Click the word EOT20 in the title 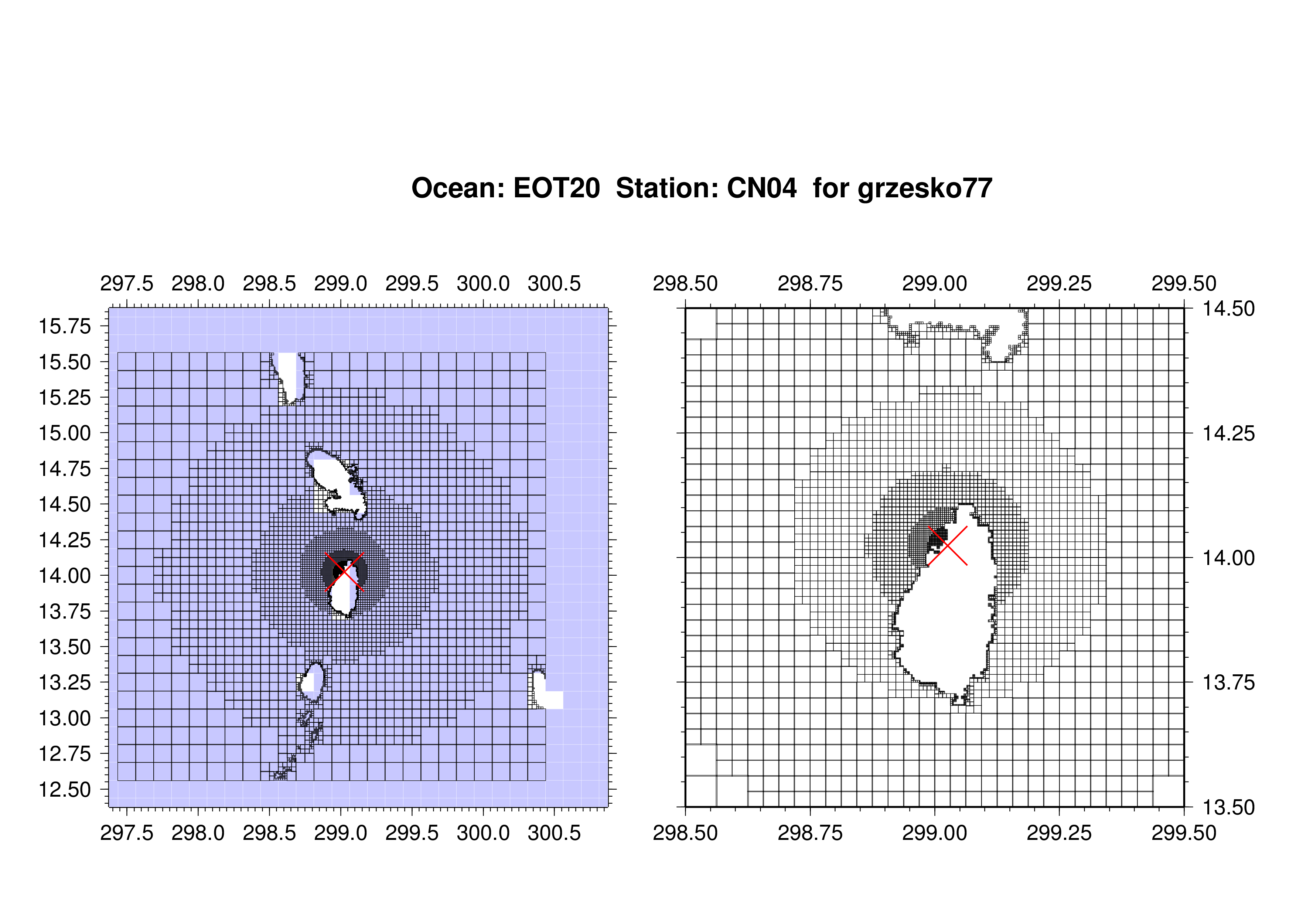tap(556, 188)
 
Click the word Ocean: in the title tap(458, 188)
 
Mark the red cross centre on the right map tap(948, 546)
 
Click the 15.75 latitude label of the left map tap(64, 326)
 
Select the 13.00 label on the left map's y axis tap(64, 718)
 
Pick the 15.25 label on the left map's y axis tap(64, 397)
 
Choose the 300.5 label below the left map tap(554, 833)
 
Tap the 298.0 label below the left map tap(198, 833)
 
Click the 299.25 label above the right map tap(1059, 283)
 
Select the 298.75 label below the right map tap(810, 833)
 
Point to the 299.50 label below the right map tap(1184, 833)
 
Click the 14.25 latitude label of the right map tap(1229, 433)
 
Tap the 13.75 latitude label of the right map tap(1229, 682)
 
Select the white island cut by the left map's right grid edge tap(545, 691)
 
